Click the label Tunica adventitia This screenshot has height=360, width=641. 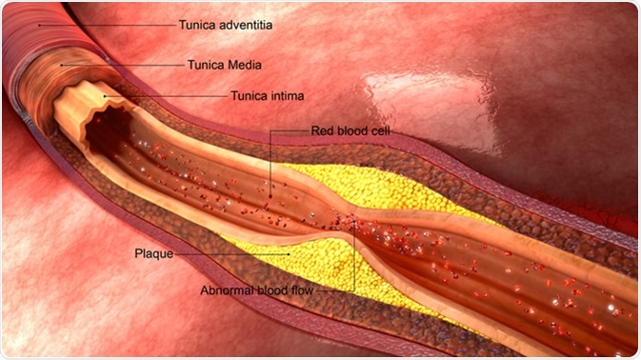click(226, 25)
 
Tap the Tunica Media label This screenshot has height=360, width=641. click(220, 65)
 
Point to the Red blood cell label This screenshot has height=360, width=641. click(350, 130)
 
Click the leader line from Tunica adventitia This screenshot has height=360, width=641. click(105, 23)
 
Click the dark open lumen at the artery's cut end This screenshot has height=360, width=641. click(100, 130)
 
